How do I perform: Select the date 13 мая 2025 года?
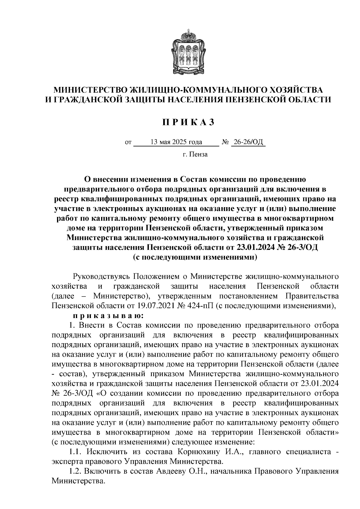176,142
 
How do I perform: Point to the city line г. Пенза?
195,155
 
